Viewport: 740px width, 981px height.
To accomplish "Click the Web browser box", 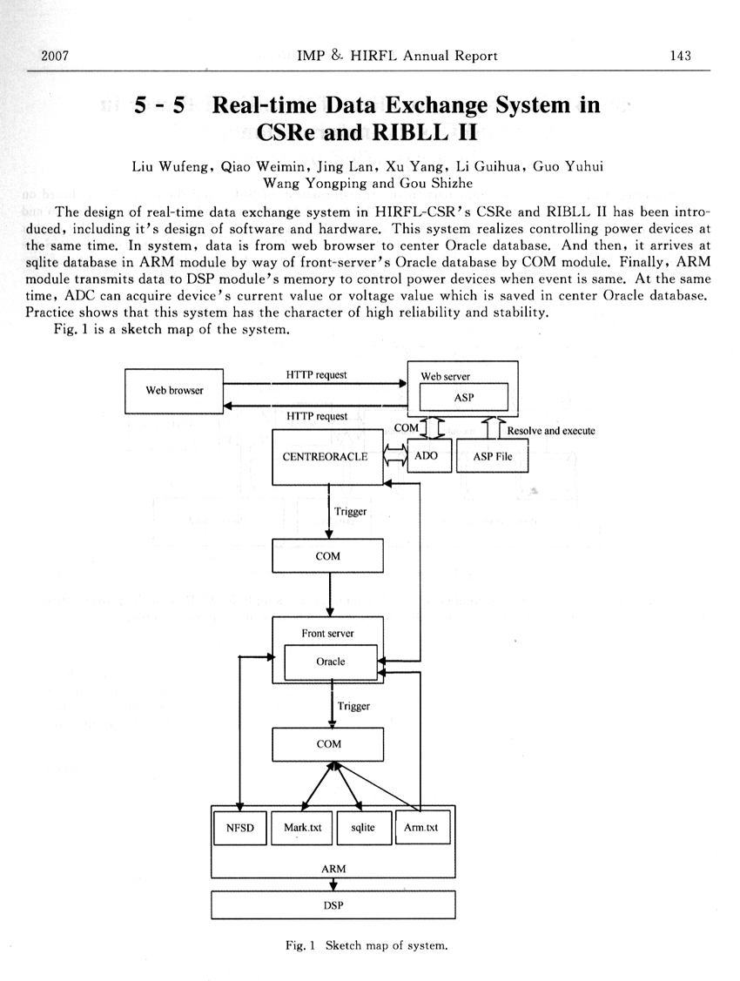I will [174, 390].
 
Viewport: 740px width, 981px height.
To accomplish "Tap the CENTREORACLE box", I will [326, 456].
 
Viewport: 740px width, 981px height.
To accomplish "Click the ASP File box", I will [493, 456].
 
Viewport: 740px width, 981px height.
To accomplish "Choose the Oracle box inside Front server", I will [330, 662].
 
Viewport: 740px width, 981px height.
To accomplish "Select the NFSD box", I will [239, 828].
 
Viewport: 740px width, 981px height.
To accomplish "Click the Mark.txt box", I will [302, 828].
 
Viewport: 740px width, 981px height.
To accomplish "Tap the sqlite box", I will [363, 828].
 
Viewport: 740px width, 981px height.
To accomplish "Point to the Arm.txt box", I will [421, 828].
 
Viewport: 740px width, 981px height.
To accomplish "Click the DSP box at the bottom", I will [333, 906].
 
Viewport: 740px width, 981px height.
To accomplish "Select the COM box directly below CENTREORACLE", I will [328, 555].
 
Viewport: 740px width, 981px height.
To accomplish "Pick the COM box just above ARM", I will [328, 744].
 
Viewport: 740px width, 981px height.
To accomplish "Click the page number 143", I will [680, 56].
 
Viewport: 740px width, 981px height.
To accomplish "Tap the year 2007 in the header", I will [55, 56].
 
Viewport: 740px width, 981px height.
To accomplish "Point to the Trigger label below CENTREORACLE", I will [351, 511].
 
